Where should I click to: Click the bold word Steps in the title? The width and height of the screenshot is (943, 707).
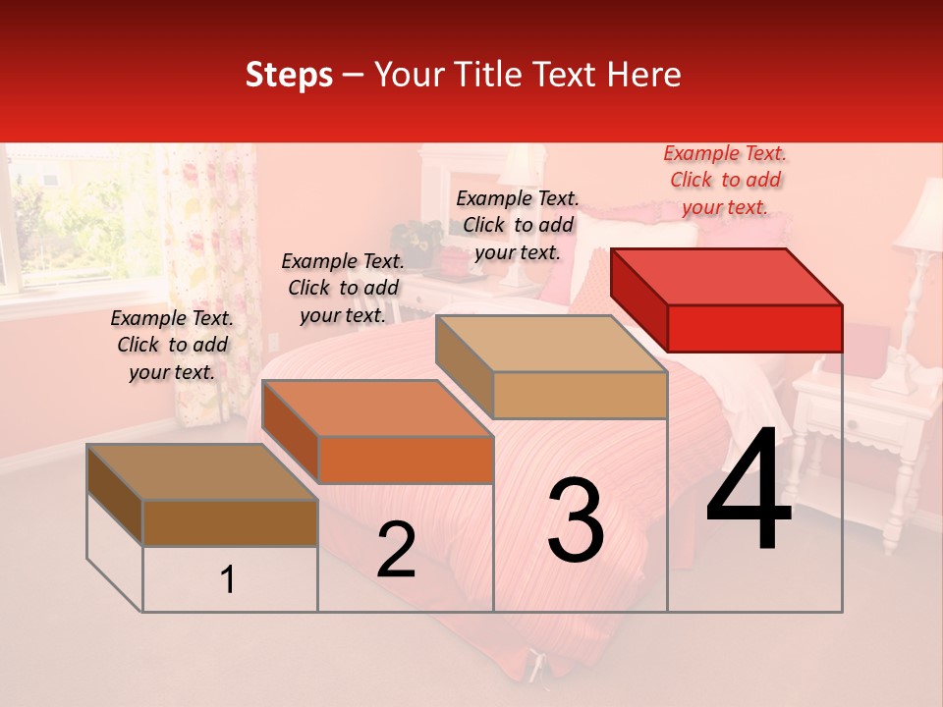tap(289, 75)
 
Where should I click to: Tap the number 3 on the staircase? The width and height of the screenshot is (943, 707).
tap(576, 520)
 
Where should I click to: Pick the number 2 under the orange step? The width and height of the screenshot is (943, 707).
tap(396, 550)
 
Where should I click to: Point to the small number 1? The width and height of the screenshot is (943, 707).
tap(228, 580)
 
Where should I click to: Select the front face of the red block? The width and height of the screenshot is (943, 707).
tap(754, 328)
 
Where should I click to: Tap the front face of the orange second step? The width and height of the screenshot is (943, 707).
tap(405, 460)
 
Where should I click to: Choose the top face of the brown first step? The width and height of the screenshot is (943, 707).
tap(202, 472)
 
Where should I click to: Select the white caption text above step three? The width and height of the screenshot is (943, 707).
tap(518, 225)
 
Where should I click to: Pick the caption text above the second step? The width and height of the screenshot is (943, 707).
tap(343, 288)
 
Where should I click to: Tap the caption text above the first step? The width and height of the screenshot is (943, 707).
tap(172, 345)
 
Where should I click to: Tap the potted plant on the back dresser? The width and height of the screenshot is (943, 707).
tap(416, 241)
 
